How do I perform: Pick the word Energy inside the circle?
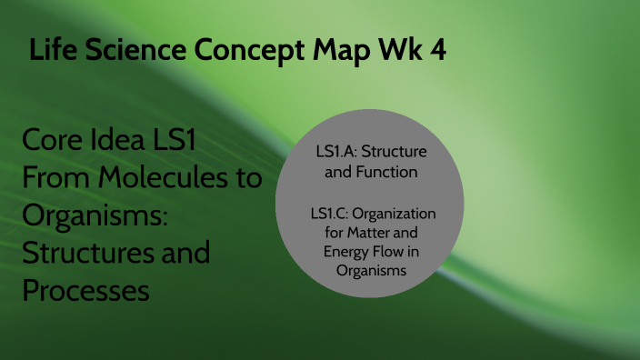coord(348,251)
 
